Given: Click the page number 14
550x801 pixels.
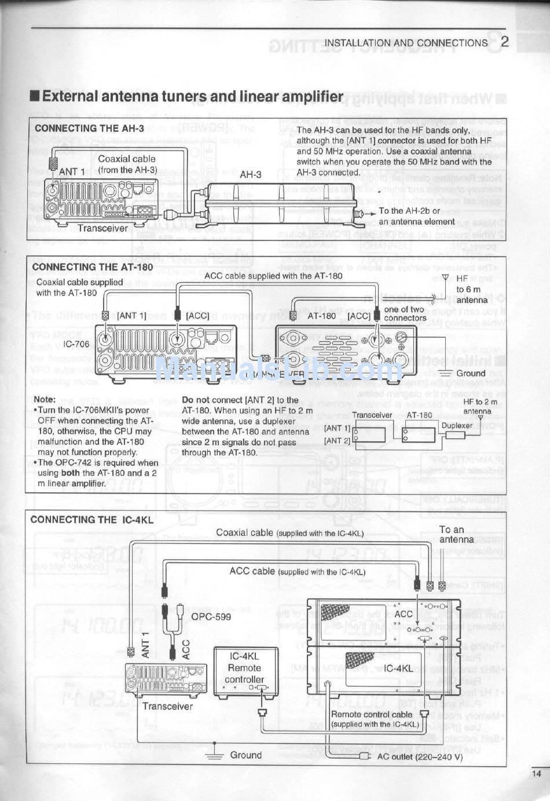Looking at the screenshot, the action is tap(536, 773).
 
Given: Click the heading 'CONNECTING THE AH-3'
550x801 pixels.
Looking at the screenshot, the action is tap(89, 128).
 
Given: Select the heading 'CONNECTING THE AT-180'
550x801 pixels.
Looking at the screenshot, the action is tap(93, 267).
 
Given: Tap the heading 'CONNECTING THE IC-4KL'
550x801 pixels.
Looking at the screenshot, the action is tap(92, 520).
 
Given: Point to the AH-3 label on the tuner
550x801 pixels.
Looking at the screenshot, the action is tap(250, 174).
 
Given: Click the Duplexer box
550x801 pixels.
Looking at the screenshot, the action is tap(457, 426).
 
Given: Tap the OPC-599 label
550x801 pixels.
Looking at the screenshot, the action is tap(211, 616).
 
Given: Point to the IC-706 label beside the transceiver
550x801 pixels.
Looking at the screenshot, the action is tap(77, 344).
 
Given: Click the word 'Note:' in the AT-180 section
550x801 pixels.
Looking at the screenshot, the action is tap(45, 399).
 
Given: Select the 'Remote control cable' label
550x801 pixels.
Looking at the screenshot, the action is tap(372, 715).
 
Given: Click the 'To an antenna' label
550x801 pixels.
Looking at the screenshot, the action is tap(456, 534).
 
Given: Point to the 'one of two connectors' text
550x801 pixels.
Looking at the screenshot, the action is tap(405, 313).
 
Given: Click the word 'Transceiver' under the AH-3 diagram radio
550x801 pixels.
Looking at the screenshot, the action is tap(102, 228).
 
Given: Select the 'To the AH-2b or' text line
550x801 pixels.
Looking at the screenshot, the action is tap(409, 211).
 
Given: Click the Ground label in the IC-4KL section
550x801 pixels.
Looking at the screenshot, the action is tap(245, 755).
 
